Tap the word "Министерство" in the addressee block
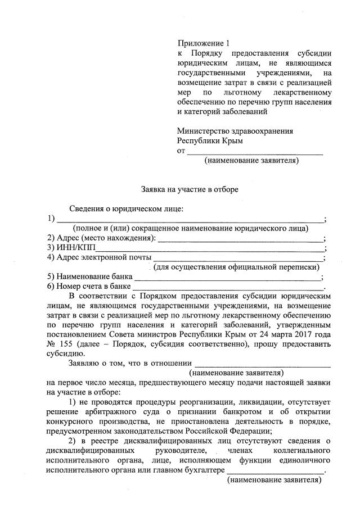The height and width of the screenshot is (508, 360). tap(201, 131)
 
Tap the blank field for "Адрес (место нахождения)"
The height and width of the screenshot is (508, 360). tap(239, 238)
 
